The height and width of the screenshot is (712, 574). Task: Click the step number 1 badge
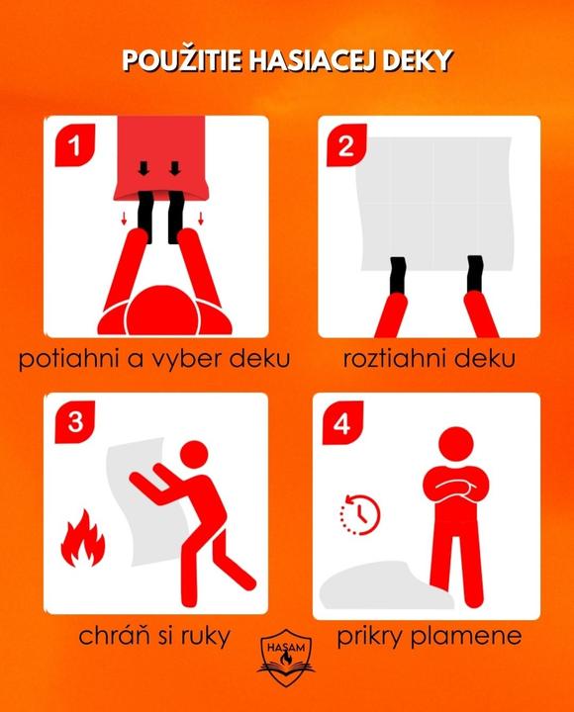[x=74, y=144]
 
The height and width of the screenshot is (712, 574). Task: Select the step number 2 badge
[x=346, y=145]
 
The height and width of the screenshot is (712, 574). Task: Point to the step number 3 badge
[x=75, y=422]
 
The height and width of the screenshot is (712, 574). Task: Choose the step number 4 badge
[x=342, y=423]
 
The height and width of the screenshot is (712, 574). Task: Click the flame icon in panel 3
[x=83, y=539]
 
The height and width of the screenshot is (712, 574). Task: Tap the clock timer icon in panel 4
[x=359, y=514]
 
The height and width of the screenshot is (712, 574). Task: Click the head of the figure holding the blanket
[x=194, y=456]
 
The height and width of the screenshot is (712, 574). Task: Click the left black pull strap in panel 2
[x=398, y=274]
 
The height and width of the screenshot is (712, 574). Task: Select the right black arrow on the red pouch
[x=175, y=168]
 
